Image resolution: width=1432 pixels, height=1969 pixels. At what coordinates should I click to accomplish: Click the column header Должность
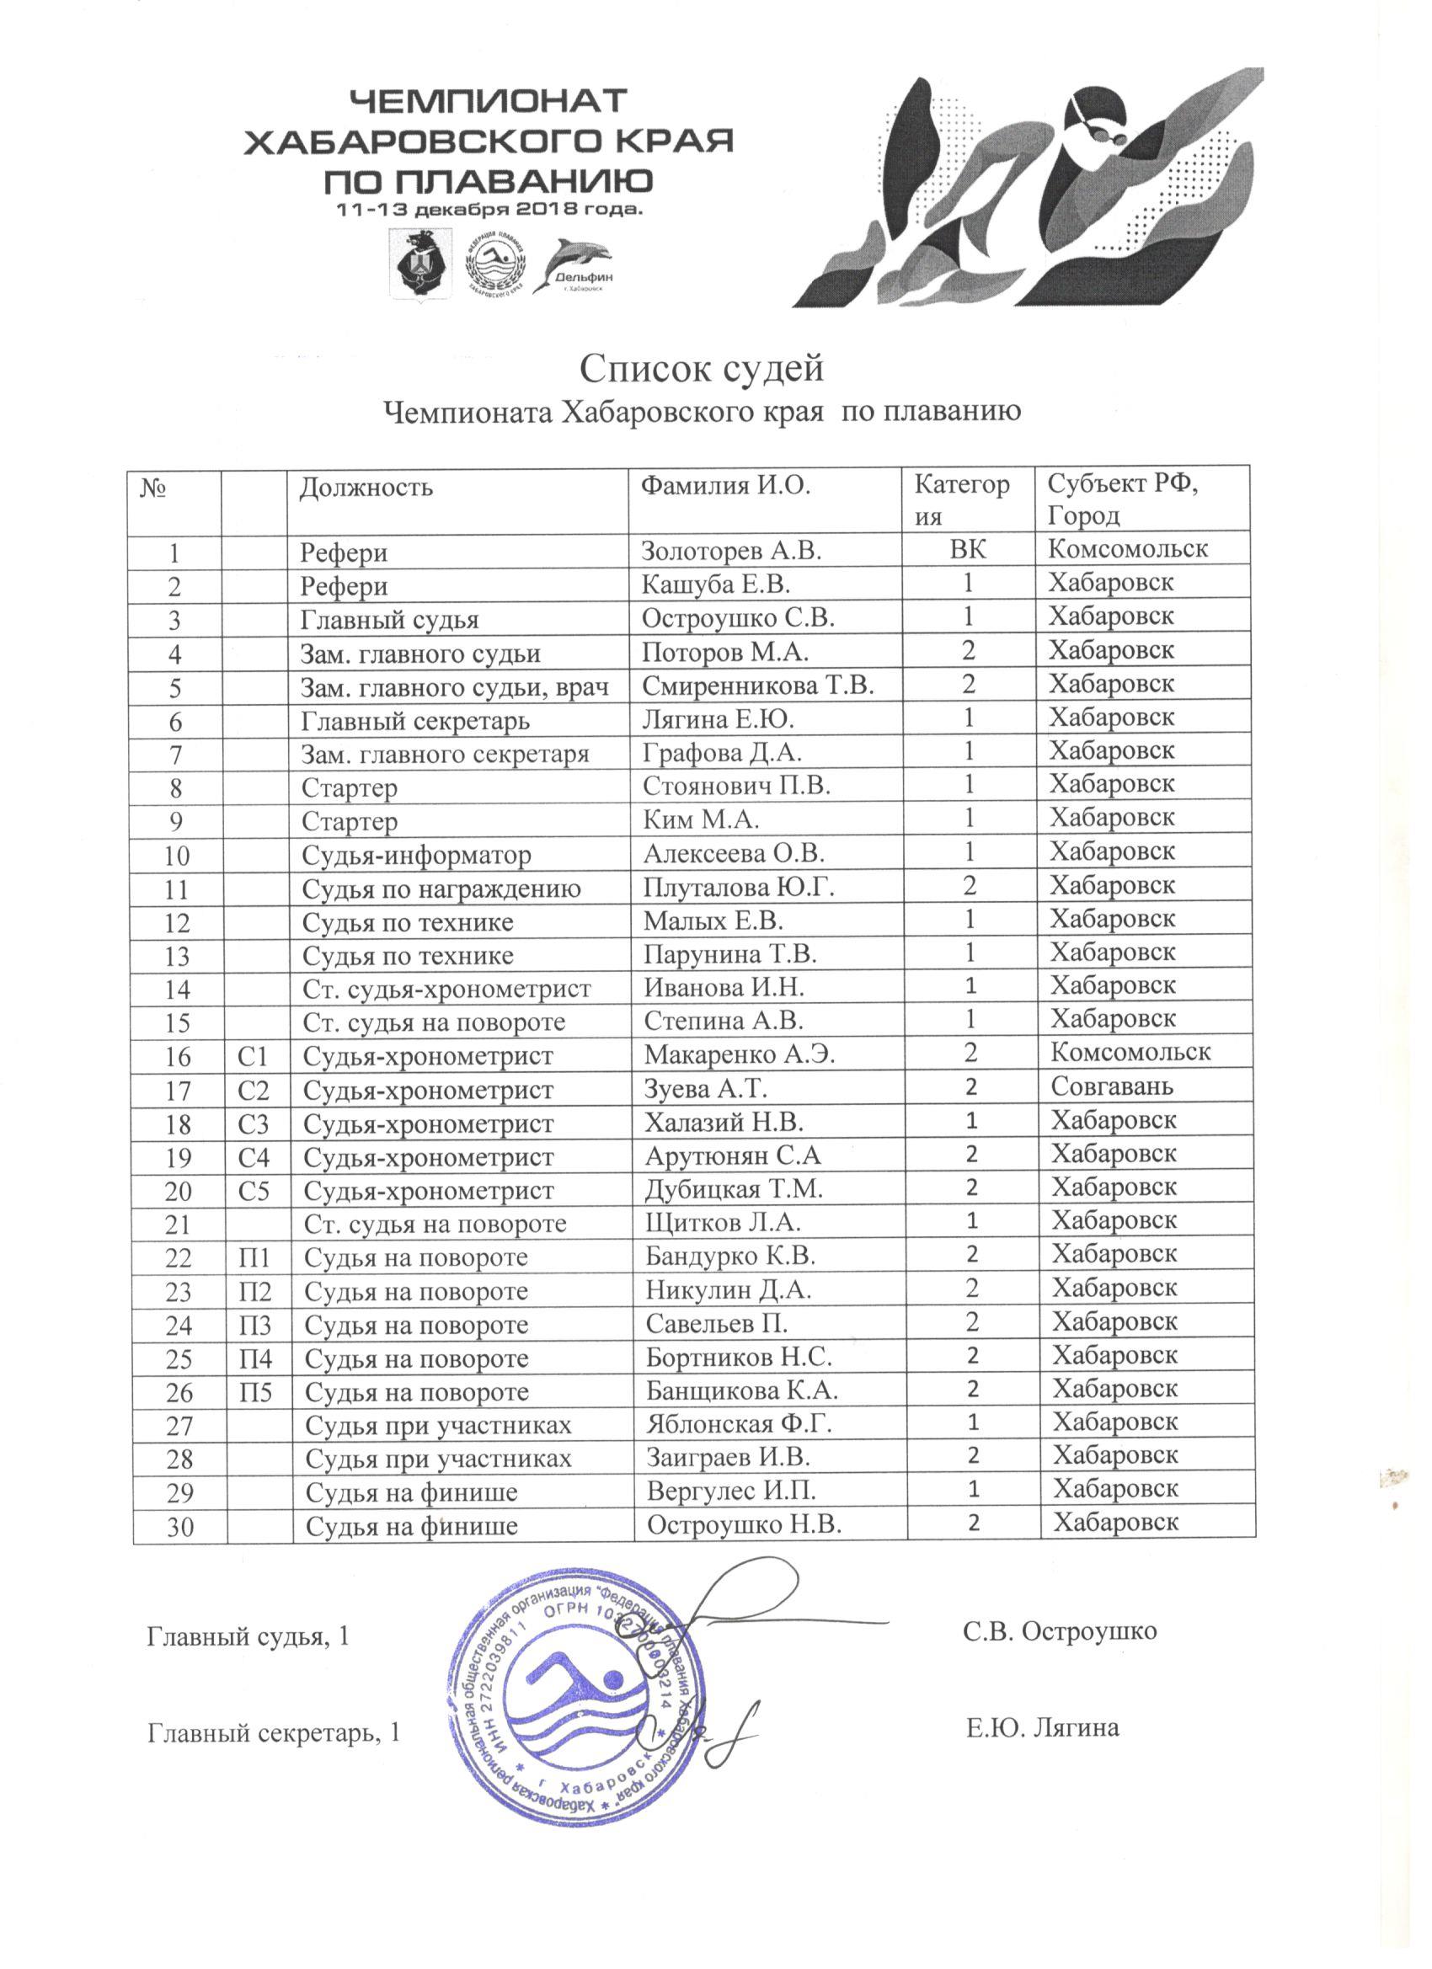[x=366, y=487]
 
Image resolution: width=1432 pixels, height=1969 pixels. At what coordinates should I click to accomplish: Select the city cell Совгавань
[x=1112, y=1086]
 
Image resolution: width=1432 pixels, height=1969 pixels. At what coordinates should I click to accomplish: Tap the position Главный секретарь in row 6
[x=415, y=721]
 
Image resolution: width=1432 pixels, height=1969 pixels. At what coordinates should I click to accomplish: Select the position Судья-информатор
[x=416, y=856]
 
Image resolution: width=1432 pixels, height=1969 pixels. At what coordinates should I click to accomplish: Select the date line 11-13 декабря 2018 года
[x=489, y=210]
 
